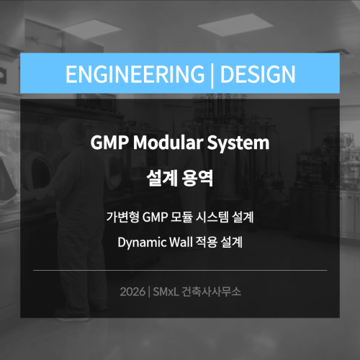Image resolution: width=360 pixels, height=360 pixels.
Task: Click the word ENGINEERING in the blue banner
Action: click(x=135, y=74)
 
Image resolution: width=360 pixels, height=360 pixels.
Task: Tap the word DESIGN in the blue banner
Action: click(x=258, y=74)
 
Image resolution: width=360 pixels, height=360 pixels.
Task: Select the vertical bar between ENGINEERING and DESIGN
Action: click(x=212, y=75)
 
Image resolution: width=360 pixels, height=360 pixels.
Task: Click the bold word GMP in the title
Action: click(x=109, y=143)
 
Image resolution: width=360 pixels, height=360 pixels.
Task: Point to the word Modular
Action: click(x=168, y=142)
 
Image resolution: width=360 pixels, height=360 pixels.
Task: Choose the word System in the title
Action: click(x=238, y=143)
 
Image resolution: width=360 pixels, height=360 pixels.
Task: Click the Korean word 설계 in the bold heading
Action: click(x=162, y=178)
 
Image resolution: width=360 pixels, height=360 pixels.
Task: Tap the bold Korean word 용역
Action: click(x=197, y=178)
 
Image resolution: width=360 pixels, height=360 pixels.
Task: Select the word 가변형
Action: click(x=122, y=217)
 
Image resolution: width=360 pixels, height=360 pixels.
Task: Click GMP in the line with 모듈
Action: click(x=155, y=217)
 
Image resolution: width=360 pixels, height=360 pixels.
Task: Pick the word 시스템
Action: click(x=212, y=217)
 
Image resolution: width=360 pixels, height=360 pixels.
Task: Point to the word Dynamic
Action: click(x=142, y=243)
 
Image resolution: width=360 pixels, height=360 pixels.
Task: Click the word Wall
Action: click(x=181, y=242)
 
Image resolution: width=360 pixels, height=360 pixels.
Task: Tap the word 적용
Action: click(x=207, y=242)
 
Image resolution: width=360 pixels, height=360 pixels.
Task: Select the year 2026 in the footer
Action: click(x=132, y=292)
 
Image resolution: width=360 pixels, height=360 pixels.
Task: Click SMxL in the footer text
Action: click(x=166, y=292)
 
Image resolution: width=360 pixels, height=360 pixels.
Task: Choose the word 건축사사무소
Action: click(x=211, y=292)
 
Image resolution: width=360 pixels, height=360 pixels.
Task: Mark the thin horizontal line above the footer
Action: click(x=180, y=270)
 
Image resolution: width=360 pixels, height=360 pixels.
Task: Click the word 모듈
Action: click(x=181, y=217)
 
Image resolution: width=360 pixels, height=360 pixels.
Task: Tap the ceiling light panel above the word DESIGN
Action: click(x=235, y=24)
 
